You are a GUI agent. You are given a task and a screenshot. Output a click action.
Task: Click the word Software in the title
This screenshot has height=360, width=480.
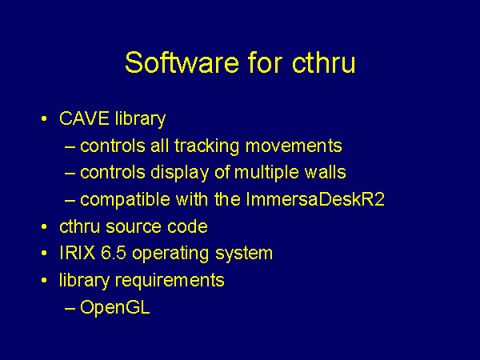point(182,62)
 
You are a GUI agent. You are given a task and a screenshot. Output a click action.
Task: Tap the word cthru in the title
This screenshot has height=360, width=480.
point(323,62)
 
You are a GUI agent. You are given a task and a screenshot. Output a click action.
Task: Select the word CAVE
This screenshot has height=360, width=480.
point(84,118)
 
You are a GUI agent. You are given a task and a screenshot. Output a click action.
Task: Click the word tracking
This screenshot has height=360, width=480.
point(206,146)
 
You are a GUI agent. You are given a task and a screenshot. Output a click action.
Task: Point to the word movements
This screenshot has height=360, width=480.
point(294,146)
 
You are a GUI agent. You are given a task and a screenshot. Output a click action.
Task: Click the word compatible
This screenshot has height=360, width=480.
point(125,200)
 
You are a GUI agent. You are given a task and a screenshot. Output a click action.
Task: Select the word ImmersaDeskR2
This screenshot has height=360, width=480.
point(315,199)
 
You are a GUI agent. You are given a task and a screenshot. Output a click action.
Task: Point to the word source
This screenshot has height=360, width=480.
point(133,227)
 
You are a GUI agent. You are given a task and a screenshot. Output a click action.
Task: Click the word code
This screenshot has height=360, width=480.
point(187,226)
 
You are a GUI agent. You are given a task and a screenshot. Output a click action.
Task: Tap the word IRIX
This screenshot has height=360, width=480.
point(77,253)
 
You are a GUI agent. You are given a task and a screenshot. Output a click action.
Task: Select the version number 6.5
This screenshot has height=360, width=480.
point(114,253)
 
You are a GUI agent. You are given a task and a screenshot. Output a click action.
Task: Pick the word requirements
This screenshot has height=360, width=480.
point(170,281)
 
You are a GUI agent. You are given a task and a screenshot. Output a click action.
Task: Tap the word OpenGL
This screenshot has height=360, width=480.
point(114,308)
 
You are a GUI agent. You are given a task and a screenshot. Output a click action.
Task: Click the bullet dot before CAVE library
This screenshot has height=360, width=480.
point(44,118)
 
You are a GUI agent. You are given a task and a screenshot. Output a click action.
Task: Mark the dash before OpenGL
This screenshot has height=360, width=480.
point(70,309)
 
